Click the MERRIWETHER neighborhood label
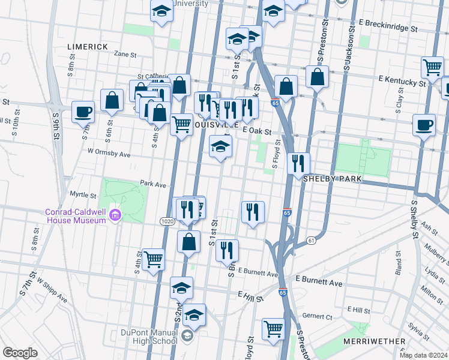point(375,341)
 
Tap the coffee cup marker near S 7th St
point(83,111)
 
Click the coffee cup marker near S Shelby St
point(424,125)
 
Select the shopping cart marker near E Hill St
point(273,328)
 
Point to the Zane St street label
point(125,54)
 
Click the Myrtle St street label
point(83,195)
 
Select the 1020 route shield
point(167,221)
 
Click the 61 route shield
point(311,241)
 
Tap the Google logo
point(20,352)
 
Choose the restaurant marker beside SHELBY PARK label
point(298,163)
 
